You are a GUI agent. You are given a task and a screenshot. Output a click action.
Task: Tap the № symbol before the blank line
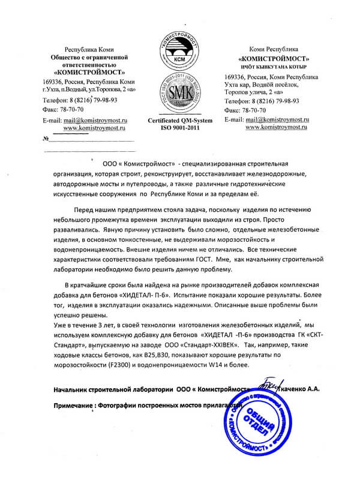[x=46, y=139]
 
